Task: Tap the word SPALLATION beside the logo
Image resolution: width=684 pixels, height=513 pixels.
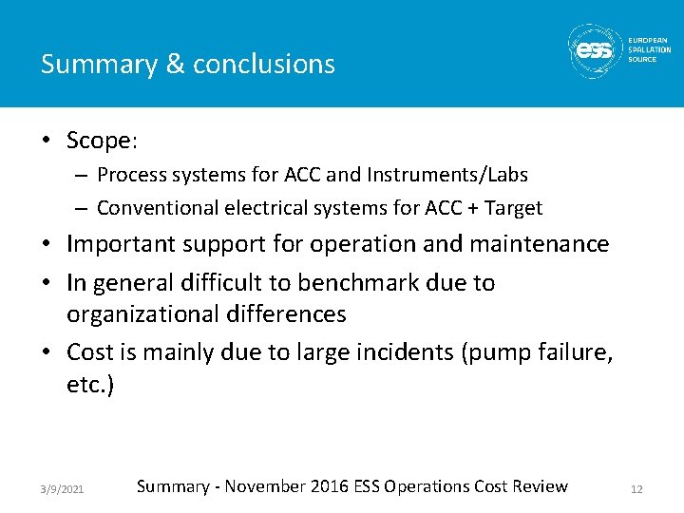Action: click(649, 49)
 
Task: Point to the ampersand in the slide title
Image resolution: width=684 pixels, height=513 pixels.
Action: click(174, 65)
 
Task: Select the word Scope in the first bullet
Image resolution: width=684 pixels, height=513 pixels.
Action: click(98, 141)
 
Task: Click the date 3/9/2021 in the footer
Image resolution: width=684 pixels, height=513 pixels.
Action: click(62, 488)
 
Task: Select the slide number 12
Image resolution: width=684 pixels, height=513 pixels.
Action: click(636, 488)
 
